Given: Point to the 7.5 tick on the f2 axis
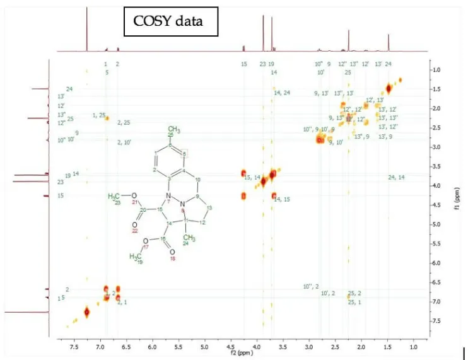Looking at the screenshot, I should (74, 346).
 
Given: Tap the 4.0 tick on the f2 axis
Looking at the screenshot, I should (256, 346).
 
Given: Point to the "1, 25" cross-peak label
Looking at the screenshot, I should (99, 115).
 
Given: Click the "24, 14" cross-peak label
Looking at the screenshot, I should (396, 177).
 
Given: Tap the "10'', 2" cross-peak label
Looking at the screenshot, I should (311, 286).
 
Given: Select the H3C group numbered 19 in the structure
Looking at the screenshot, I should (137, 257).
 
